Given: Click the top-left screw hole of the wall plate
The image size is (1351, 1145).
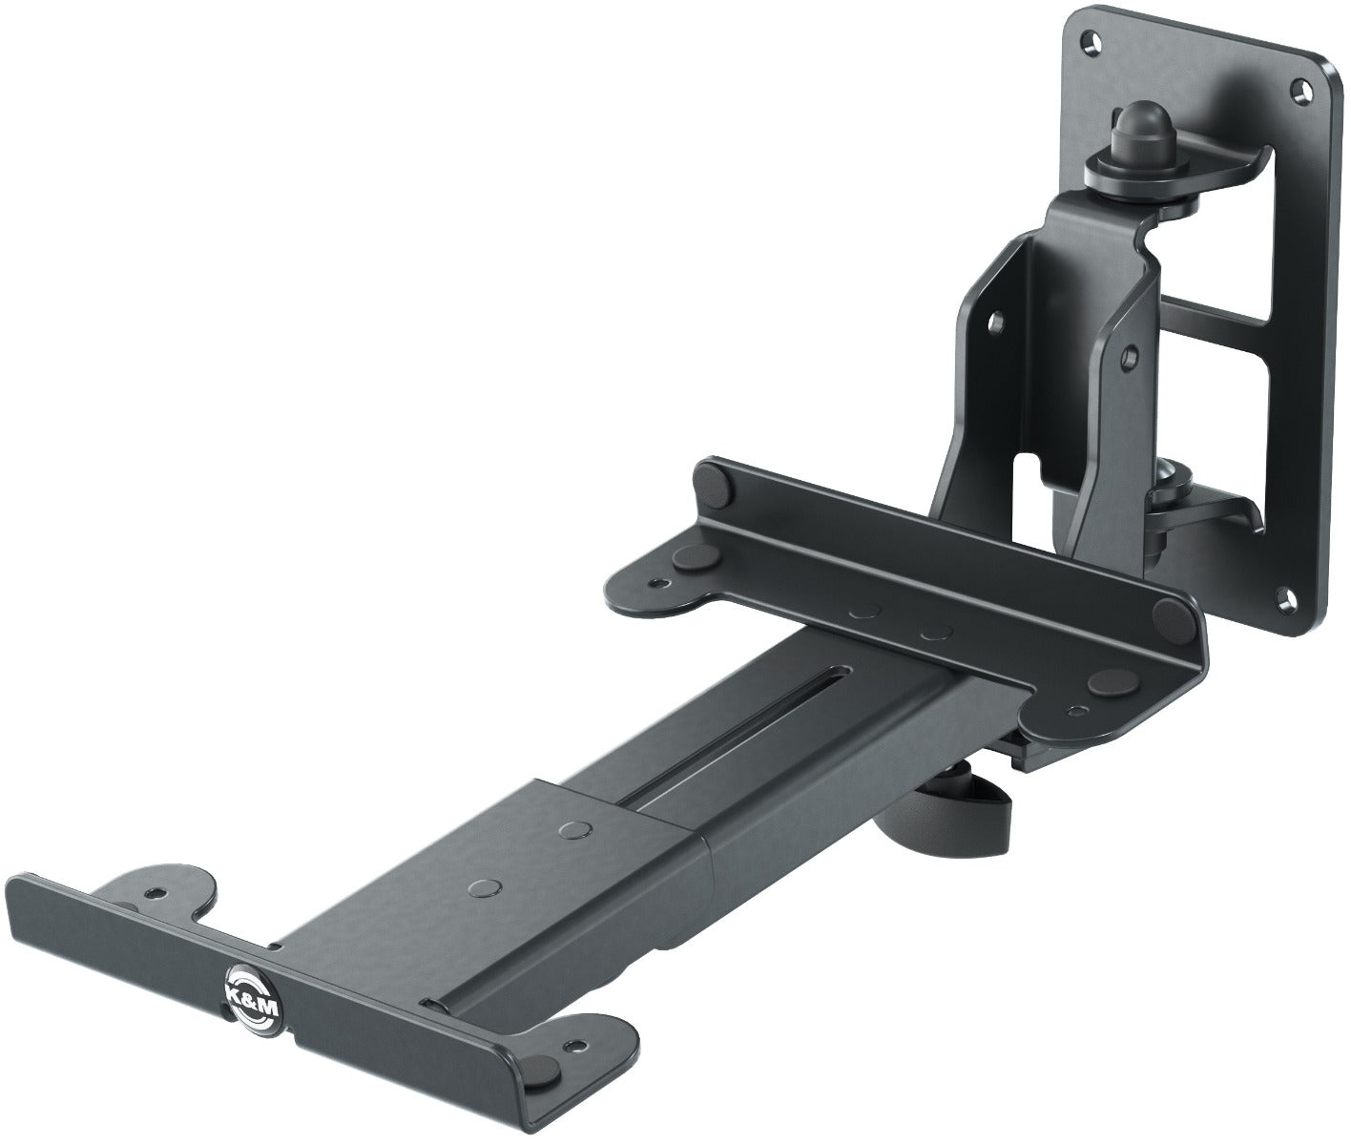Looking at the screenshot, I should click(x=1087, y=42).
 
